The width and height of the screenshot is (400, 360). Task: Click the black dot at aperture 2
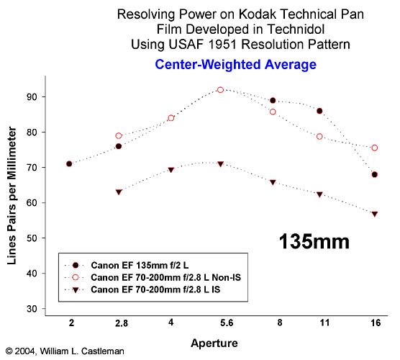click(x=69, y=164)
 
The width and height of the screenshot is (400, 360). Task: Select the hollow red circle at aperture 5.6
click(x=220, y=90)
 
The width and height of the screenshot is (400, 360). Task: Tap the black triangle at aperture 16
click(x=375, y=214)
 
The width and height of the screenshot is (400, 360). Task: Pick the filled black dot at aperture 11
click(x=319, y=111)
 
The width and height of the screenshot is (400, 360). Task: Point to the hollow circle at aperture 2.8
click(x=119, y=136)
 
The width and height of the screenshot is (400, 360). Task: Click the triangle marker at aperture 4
click(x=171, y=170)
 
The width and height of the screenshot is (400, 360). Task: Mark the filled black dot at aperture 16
click(x=375, y=175)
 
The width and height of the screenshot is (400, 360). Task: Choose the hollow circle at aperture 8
click(x=273, y=112)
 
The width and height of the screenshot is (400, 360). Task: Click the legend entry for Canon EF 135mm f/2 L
click(x=140, y=265)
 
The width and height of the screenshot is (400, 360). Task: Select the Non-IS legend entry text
click(x=165, y=277)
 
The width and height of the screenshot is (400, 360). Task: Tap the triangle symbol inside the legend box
click(x=76, y=290)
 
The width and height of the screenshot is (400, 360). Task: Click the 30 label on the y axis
click(x=32, y=309)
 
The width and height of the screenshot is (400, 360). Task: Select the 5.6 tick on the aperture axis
click(x=227, y=323)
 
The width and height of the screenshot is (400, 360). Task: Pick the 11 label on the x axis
click(x=324, y=323)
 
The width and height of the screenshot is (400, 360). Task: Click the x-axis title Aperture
click(x=214, y=343)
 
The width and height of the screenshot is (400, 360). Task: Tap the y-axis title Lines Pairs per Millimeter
click(x=12, y=196)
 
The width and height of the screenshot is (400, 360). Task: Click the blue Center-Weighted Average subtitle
click(x=236, y=64)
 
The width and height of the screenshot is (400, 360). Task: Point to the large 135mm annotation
click(x=314, y=241)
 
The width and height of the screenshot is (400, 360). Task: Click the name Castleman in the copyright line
click(x=103, y=351)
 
